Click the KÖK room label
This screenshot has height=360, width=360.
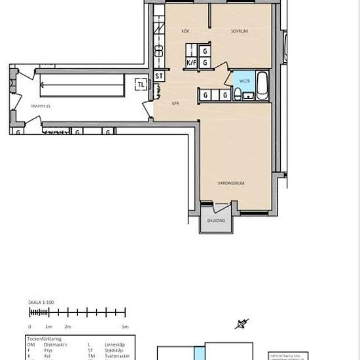tap(186, 31)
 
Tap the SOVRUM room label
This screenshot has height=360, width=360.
tap(238, 31)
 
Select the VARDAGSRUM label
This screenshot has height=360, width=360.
tap(231, 183)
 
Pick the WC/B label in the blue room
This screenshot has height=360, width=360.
tap(244, 82)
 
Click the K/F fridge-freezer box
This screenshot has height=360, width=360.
tap(192, 63)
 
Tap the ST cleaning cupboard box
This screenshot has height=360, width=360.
tap(159, 77)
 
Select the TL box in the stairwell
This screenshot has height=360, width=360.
tap(141, 84)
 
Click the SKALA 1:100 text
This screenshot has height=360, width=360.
tap(41, 303)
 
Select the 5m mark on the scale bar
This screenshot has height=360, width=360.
tap(125, 326)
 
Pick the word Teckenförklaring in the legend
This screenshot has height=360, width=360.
tap(45, 338)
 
